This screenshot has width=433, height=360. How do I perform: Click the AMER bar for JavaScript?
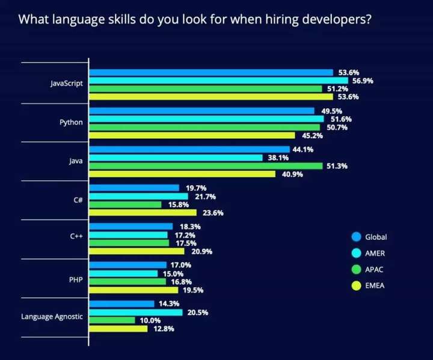pyautogui.click(x=218, y=81)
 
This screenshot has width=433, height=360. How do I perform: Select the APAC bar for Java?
pyautogui.click(x=206, y=166)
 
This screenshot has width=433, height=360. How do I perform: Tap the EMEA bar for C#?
pyautogui.click(x=143, y=212)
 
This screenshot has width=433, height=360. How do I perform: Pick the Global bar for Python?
pyautogui.click(x=201, y=111)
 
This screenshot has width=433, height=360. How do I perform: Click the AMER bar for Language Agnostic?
pyautogui.click(x=135, y=313)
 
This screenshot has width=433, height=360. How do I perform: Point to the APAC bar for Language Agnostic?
pyautogui.click(x=112, y=320)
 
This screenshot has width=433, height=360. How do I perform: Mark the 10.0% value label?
pyautogui.click(x=149, y=320)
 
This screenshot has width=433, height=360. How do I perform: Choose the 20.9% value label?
pyautogui.click(x=198, y=251)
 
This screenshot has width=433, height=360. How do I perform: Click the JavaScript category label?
pyautogui.click(x=66, y=84)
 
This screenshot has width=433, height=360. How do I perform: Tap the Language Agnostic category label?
pyautogui.click(x=53, y=316)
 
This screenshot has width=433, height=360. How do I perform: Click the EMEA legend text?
pyautogui.click(x=375, y=285)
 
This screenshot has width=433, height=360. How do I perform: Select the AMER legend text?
pyautogui.click(x=375, y=253)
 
